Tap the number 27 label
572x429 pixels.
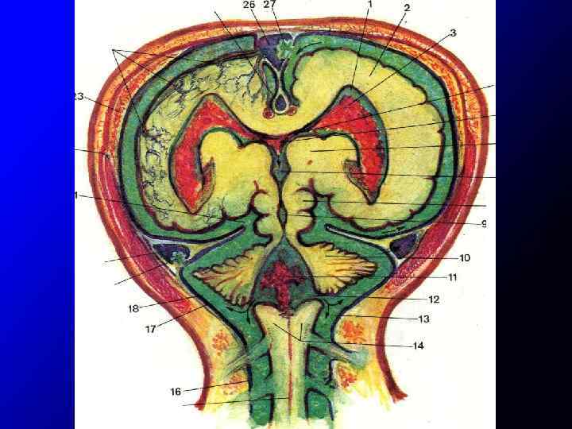click(x=270, y=5)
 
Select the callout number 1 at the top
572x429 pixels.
click(x=369, y=4)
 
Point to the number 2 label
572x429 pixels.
click(x=407, y=8)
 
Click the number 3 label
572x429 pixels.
click(x=453, y=33)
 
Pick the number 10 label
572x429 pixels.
click(x=465, y=257)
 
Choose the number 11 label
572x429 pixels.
click(x=452, y=278)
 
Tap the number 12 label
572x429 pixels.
click(x=433, y=300)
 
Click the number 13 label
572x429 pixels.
click(x=423, y=319)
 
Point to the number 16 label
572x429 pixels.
click(x=176, y=391)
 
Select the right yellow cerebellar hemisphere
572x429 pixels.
click(x=342, y=267)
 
